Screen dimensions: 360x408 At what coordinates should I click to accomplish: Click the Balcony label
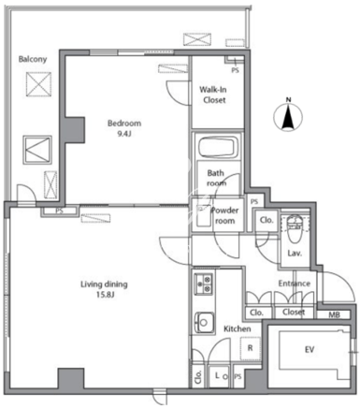[33, 59]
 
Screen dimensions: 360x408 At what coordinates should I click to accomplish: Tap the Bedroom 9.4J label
[124, 128]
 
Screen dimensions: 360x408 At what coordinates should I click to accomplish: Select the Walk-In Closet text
[214, 95]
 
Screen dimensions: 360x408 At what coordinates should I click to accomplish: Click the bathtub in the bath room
[218, 147]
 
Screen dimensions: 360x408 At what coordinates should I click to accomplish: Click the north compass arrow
[288, 118]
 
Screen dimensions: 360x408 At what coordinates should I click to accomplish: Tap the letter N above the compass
[289, 100]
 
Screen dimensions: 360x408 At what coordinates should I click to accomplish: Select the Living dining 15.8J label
[104, 289]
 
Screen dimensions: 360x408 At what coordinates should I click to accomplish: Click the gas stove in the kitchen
[204, 284]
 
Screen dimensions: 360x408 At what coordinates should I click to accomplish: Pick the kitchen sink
[204, 323]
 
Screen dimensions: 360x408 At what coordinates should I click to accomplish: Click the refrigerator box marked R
[250, 348]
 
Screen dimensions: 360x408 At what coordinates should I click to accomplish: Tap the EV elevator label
[310, 350]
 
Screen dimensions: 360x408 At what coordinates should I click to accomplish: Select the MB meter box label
[334, 314]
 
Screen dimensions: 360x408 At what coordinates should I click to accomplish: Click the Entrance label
[295, 284]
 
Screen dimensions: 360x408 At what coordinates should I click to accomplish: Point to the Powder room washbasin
[204, 215]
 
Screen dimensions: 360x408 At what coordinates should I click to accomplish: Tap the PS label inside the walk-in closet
[236, 70]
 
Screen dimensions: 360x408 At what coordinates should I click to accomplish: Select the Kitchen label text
[238, 328]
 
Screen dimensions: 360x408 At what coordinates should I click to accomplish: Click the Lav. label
[295, 254]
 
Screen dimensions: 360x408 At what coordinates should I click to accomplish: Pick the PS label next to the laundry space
[238, 377]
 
